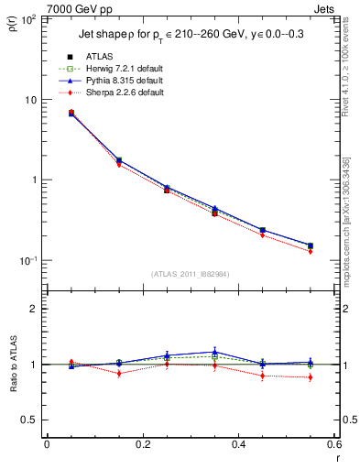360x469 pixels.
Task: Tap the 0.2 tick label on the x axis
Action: coord(143,445)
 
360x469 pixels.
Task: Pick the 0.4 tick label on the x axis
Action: coord(239,445)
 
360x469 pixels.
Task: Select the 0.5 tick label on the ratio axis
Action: coord(33,420)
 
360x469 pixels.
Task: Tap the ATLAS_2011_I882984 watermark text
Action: coord(190,274)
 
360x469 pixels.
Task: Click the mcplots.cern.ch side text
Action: coord(351,211)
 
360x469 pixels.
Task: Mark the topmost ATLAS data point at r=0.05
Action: coord(71,113)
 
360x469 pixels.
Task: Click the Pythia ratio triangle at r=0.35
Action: coord(214,352)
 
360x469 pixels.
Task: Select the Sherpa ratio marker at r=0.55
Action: coord(311,377)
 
